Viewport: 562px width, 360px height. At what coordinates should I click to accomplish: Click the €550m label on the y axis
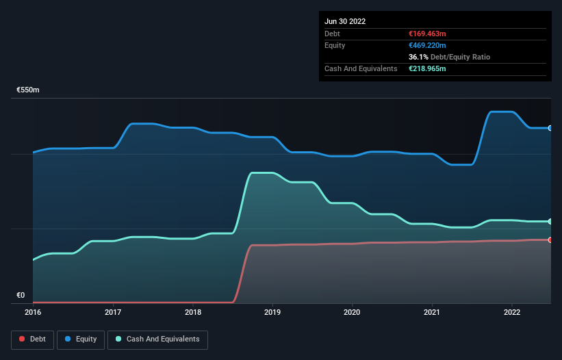[x=28, y=90]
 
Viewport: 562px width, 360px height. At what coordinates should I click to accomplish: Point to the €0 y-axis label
[x=21, y=296]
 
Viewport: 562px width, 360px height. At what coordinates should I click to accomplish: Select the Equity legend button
[x=81, y=339]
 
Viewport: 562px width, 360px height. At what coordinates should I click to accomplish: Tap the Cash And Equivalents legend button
[x=157, y=339]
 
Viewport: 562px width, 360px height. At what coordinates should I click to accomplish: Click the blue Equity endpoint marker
[x=550, y=128]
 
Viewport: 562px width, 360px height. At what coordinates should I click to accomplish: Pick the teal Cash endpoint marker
[x=550, y=221]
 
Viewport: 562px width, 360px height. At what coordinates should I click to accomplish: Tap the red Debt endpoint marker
[x=550, y=240]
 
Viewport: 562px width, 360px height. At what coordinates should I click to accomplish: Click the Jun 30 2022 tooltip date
[x=345, y=21]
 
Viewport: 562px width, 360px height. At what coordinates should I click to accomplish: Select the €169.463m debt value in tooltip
[x=427, y=34]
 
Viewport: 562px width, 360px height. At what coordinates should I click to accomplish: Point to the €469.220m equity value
[x=428, y=45]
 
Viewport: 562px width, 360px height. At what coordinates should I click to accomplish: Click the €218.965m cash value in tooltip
[x=428, y=69]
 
